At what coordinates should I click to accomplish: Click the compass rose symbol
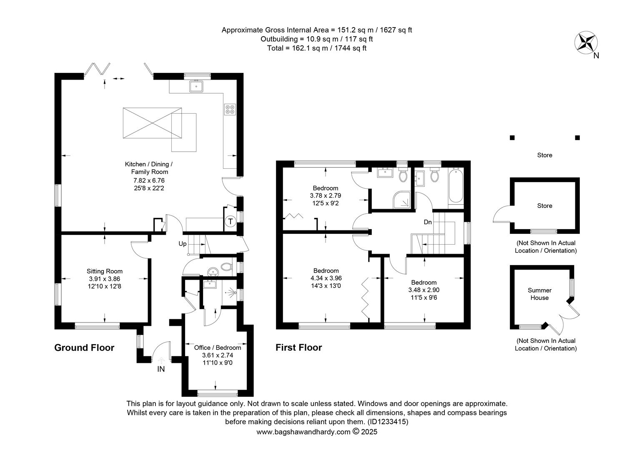(586, 42)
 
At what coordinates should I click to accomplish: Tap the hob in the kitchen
(230, 109)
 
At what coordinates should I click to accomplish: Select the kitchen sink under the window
(196, 86)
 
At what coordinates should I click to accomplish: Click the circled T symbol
(231, 221)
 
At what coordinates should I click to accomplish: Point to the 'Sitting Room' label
(105, 271)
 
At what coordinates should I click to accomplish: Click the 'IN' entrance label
(161, 369)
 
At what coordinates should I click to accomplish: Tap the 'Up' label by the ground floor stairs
(183, 244)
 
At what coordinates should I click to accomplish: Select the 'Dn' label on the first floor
(428, 222)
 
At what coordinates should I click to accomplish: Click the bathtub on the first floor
(456, 185)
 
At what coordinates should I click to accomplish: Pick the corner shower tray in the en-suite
(402, 200)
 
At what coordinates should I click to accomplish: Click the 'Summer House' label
(539, 294)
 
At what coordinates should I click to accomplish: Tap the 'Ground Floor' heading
(84, 347)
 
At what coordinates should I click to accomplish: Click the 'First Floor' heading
(298, 347)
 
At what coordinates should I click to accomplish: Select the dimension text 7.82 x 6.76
(149, 180)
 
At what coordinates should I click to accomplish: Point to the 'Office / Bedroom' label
(218, 347)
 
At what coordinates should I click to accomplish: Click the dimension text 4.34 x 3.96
(326, 278)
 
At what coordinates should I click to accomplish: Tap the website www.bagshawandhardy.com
(303, 432)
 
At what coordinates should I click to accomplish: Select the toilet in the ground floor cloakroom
(226, 267)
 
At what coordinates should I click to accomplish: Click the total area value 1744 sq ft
(350, 48)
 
